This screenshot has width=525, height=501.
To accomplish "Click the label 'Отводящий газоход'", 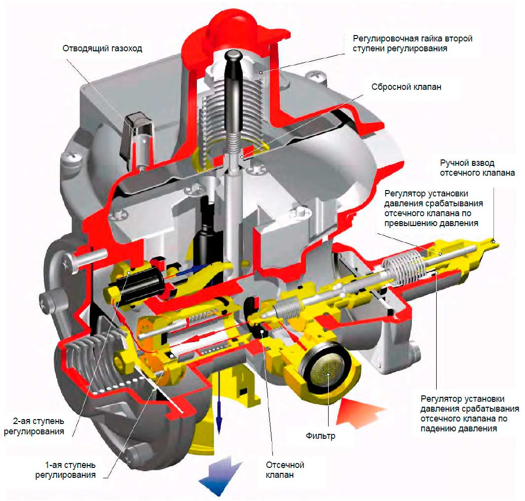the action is [x=102, y=49].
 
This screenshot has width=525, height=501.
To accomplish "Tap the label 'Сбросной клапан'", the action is [x=406, y=87].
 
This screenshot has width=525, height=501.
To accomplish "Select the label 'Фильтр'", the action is [x=320, y=436].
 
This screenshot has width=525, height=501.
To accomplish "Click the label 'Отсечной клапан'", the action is [x=285, y=469].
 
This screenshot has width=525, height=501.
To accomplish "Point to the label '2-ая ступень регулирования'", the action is [x=34, y=426].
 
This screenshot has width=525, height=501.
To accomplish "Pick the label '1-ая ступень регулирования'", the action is [x=65, y=470].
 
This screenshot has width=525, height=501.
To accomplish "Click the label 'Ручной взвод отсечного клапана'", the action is [x=477, y=168].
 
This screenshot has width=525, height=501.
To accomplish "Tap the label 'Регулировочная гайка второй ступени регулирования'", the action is [x=412, y=43].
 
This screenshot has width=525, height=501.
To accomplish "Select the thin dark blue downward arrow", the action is [x=219, y=401].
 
